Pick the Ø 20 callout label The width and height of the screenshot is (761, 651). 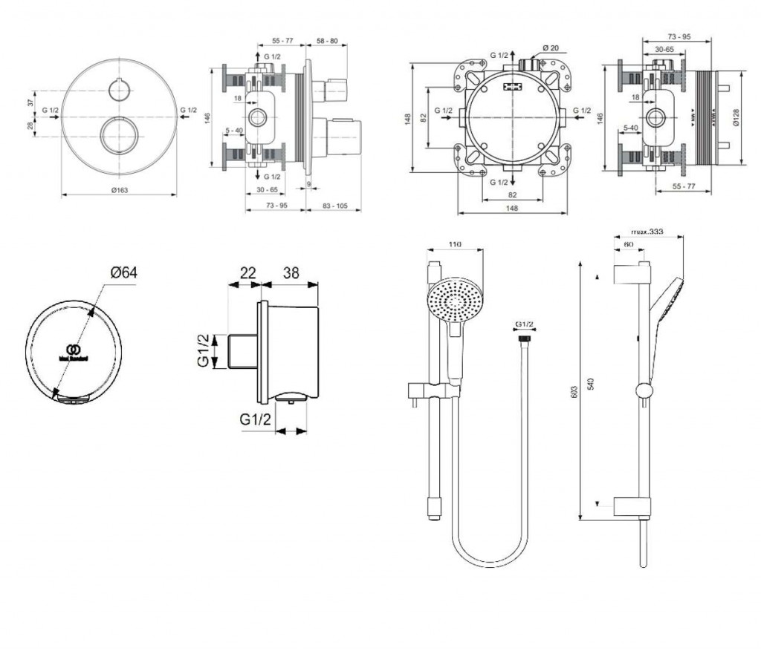pyautogui.click(x=551, y=48)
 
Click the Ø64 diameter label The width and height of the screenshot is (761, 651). pyautogui.click(x=123, y=272)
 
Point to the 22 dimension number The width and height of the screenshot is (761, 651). pyautogui.click(x=247, y=272)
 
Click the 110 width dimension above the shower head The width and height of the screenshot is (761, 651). pyautogui.click(x=455, y=246)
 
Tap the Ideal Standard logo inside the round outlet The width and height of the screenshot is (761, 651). pyautogui.click(x=73, y=350)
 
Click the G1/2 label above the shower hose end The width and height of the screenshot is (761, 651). pyautogui.click(x=525, y=324)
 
